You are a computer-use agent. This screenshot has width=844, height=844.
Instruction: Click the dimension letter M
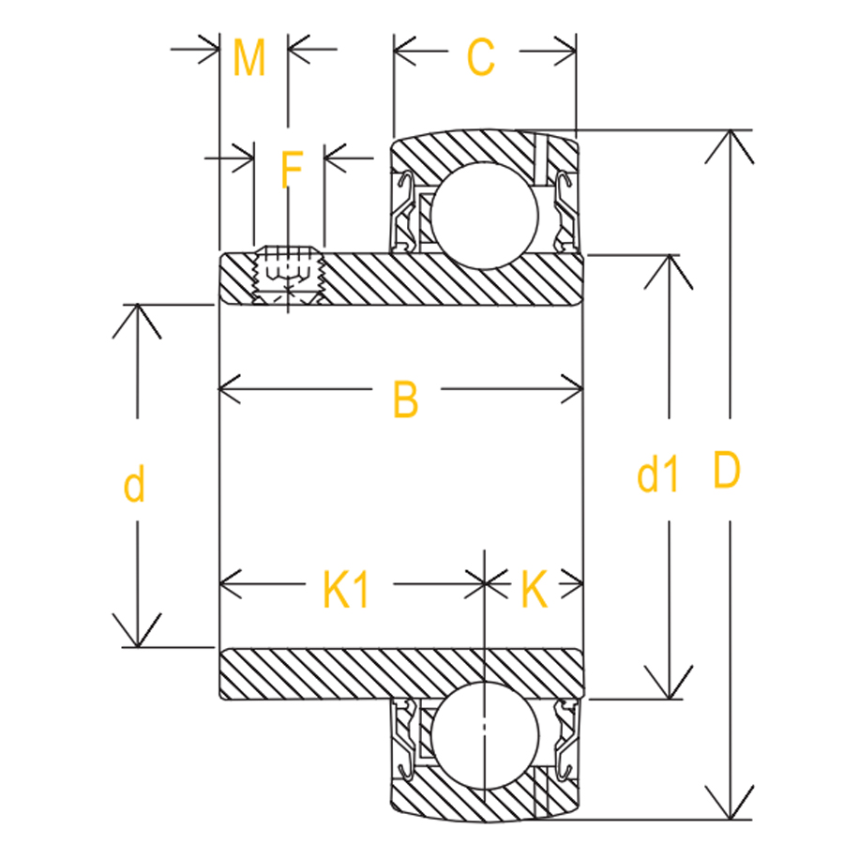coord(249,58)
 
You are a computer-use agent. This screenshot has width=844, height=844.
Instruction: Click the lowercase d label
coord(135,486)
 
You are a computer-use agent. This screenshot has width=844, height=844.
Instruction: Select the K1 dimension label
coord(346,591)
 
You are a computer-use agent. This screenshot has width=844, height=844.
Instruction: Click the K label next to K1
coord(533,591)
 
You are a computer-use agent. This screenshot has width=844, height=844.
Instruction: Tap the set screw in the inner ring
coord(288,275)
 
